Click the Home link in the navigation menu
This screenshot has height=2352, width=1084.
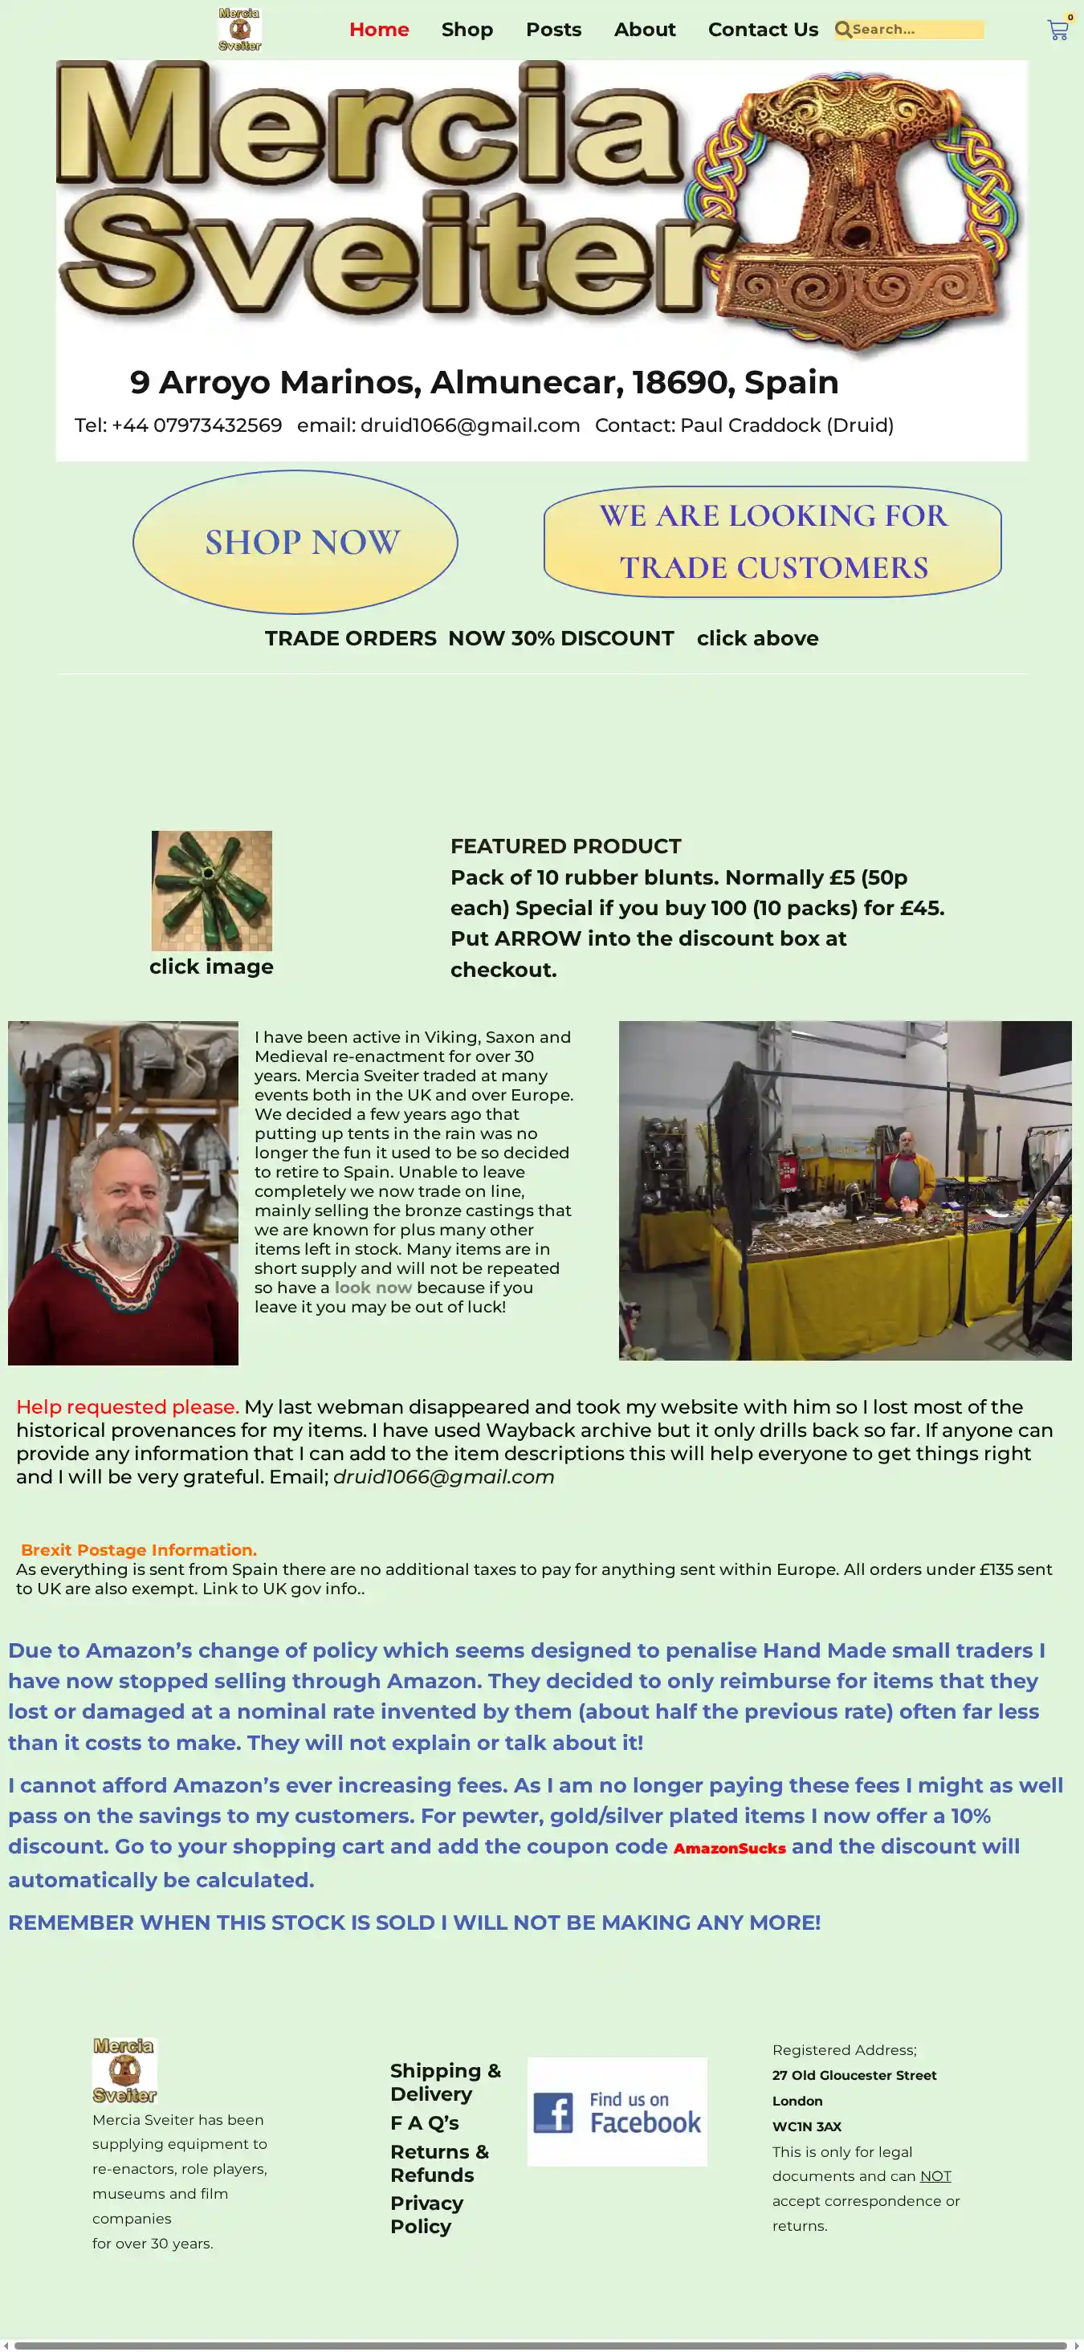pyautogui.click(x=379, y=29)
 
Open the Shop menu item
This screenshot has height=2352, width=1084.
pyautogui.click(x=467, y=29)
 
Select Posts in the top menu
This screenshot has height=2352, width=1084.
pyautogui.click(x=553, y=29)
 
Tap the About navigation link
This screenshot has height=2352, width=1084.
pyautogui.click(x=645, y=29)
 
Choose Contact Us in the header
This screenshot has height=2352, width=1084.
pyautogui.click(x=763, y=29)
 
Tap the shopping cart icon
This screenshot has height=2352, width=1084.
pyautogui.click(x=1058, y=31)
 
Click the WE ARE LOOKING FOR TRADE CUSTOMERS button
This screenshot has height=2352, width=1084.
pyautogui.click(x=772, y=541)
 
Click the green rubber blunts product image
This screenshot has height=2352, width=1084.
pyautogui.click(x=212, y=890)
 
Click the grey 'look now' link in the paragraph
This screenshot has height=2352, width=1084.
pyautogui.click(x=373, y=1288)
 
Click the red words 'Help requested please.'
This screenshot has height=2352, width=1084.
pyautogui.click(x=127, y=1407)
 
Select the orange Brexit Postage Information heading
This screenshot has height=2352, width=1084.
pyautogui.click(x=139, y=1549)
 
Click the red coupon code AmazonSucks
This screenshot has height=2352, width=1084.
pyautogui.click(x=730, y=1848)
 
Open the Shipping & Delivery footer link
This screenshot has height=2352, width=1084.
pyautogui.click(x=445, y=2081)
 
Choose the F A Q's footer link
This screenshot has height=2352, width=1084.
pyautogui.click(x=425, y=2123)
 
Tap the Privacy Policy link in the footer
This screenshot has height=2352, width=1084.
pyautogui.click(x=426, y=2214)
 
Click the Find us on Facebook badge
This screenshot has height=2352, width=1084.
pyautogui.click(x=617, y=2112)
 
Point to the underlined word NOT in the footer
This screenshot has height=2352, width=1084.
pyautogui.click(x=935, y=2175)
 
